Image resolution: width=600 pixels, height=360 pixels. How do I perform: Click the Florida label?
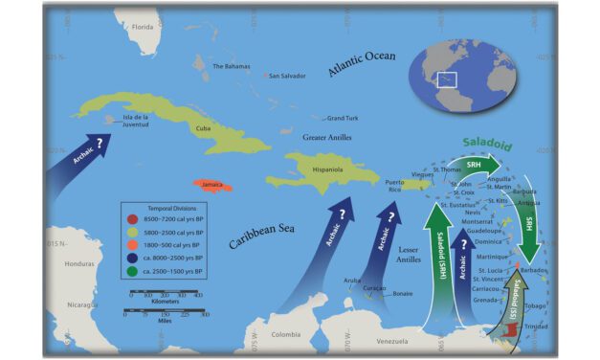[143, 27]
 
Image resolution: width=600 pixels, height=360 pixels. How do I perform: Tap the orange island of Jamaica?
[212, 185]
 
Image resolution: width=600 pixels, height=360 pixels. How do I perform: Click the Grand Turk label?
[342, 119]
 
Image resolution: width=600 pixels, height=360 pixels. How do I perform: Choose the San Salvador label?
[287, 76]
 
